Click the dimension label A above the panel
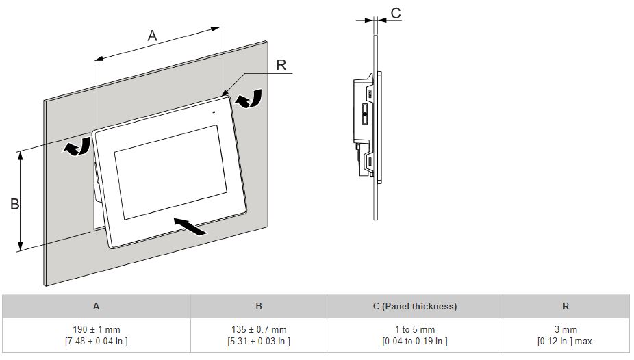click(x=152, y=36)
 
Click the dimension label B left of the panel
click(x=14, y=204)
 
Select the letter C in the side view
click(x=395, y=13)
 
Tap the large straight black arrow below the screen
click(x=190, y=227)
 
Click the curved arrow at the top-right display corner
click(x=248, y=99)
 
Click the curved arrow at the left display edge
click(x=77, y=146)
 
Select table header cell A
click(x=96, y=306)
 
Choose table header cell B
click(x=259, y=306)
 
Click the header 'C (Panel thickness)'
click(x=415, y=306)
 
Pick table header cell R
click(x=566, y=306)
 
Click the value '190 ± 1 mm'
click(x=96, y=329)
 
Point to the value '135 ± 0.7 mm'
click(x=259, y=329)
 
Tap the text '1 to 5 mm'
click(x=415, y=329)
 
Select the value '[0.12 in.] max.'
click(x=566, y=341)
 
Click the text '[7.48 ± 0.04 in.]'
click(x=96, y=341)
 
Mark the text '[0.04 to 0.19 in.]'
click(x=415, y=341)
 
